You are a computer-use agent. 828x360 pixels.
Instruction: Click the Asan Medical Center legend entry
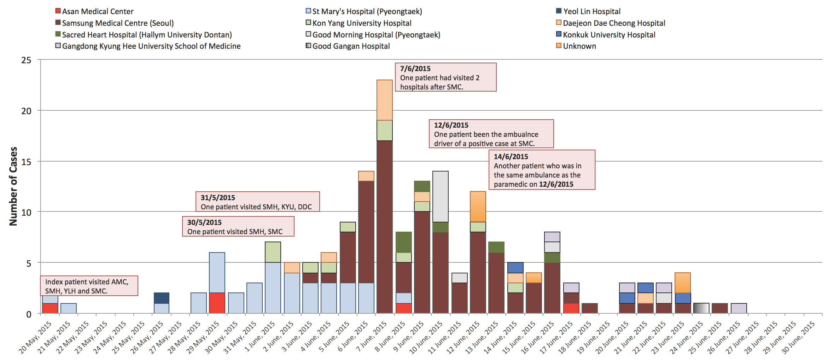pyautogui.click(x=94, y=11)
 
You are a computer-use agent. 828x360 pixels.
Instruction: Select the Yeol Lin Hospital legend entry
pyautogui.click(x=588, y=11)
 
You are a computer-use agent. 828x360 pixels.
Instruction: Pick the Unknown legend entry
pyautogui.click(x=576, y=46)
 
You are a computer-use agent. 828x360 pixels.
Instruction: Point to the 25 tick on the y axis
pyautogui.click(x=27, y=60)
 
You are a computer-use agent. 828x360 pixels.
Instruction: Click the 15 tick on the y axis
pyautogui.click(x=27, y=162)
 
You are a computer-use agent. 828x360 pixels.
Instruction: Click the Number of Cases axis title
pyautogui.click(x=13, y=186)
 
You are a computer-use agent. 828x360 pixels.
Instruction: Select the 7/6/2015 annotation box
pyautogui.click(x=445, y=77)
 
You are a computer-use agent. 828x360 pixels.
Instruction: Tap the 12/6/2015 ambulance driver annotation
pyautogui.click(x=491, y=134)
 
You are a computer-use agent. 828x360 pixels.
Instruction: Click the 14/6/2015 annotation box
pyautogui.click(x=542, y=170)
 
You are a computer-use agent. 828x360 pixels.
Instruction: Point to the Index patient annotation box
pyautogui.click(x=89, y=286)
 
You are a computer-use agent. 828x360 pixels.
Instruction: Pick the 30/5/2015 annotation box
pyautogui.click(x=238, y=227)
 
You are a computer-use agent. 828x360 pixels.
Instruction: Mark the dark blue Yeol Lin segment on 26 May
pyautogui.click(x=162, y=298)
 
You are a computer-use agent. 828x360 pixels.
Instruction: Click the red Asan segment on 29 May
pyautogui.click(x=217, y=303)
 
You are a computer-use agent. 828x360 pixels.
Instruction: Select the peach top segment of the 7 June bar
pyautogui.click(x=384, y=100)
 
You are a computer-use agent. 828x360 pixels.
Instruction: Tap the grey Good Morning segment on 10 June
pyautogui.click(x=440, y=197)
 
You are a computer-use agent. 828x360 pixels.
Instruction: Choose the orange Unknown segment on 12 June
pyautogui.click(x=478, y=207)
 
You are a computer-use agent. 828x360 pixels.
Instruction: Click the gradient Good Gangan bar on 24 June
pyautogui.click(x=701, y=308)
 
